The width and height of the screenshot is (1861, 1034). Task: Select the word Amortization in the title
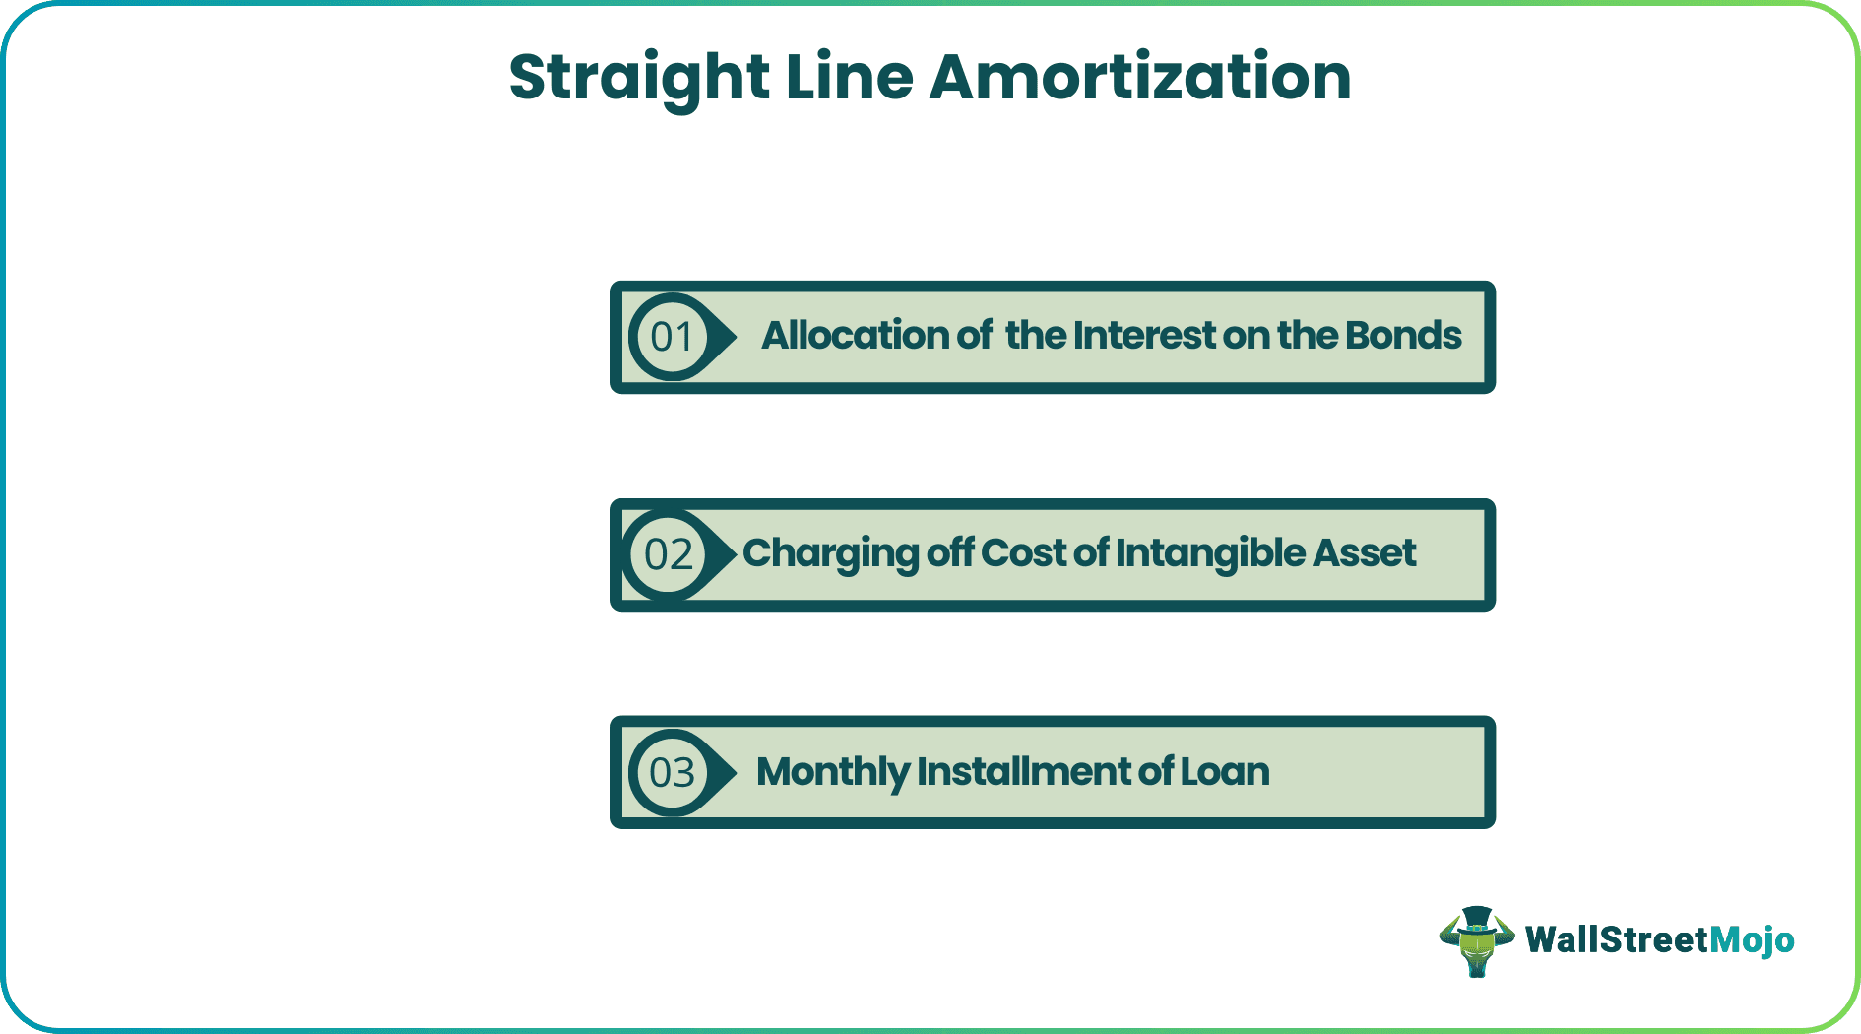(x=1139, y=77)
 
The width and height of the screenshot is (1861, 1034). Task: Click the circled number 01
(x=673, y=338)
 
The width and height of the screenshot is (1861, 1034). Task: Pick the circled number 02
(x=670, y=555)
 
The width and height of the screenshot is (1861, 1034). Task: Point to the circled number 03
(x=673, y=773)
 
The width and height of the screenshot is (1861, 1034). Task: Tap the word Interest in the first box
(x=1144, y=336)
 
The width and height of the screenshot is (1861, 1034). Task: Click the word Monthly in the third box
(x=832, y=772)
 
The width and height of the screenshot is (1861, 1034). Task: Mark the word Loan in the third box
(x=1225, y=772)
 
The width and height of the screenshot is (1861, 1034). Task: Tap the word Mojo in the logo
(x=1752, y=940)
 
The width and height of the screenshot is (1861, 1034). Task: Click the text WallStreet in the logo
(x=1616, y=940)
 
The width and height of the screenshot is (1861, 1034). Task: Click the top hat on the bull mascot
(x=1476, y=918)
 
